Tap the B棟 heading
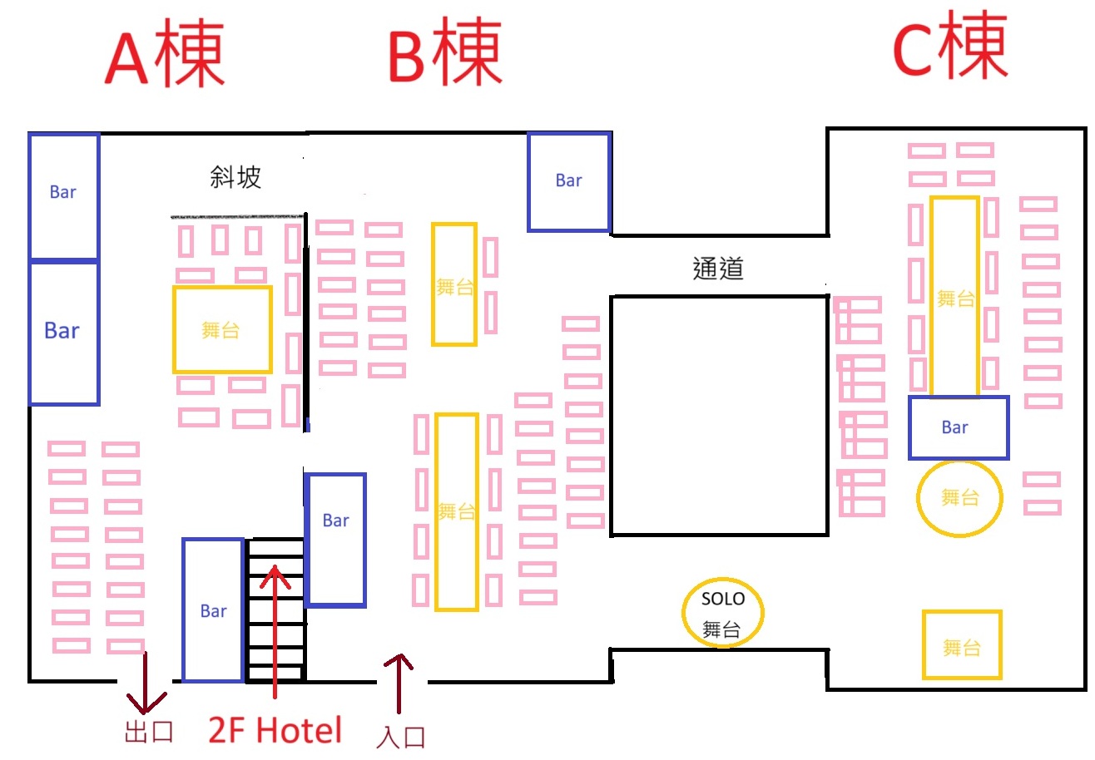445,52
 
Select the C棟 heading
949,47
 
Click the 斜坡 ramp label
235,177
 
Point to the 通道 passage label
717,268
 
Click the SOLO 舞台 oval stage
722,614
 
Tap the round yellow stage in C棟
959,498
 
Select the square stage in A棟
222,329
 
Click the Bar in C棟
958,427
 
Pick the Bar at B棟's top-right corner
569,181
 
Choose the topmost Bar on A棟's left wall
63,195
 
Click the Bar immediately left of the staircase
213,610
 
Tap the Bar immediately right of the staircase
335,539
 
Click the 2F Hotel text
275,730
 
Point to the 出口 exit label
149,732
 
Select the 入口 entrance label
401,737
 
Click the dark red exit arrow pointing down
146,683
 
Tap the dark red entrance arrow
398,683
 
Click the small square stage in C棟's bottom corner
961,645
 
